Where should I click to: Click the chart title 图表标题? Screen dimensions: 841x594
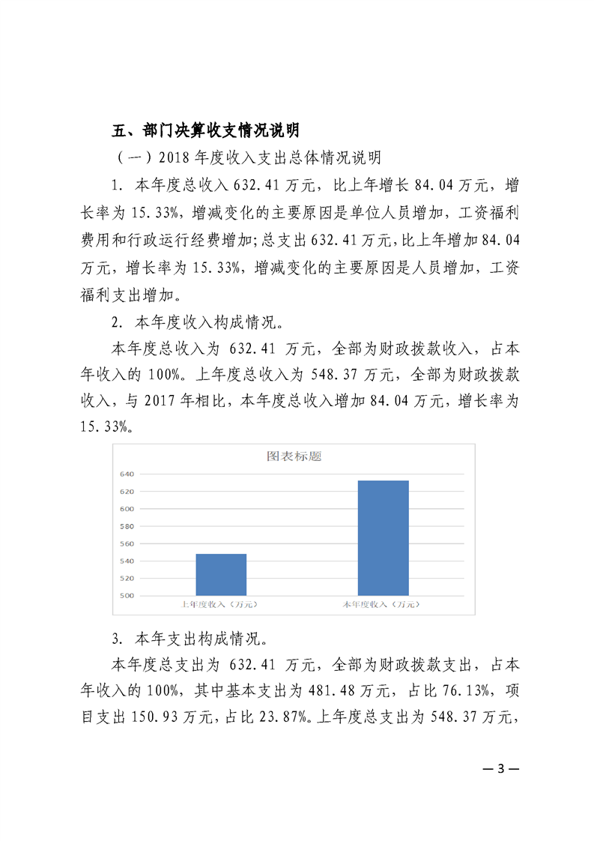click(294, 456)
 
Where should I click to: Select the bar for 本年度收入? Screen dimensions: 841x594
click(383, 537)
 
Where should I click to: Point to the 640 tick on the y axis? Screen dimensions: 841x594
click(126, 474)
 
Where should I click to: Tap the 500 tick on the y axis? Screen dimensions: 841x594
click(126, 596)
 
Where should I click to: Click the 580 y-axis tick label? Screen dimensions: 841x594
click(126, 526)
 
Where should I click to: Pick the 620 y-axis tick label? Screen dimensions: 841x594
click(126, 492)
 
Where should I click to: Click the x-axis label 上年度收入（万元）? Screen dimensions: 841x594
click(221, 604)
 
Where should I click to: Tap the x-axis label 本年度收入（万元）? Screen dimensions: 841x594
click(383, 604)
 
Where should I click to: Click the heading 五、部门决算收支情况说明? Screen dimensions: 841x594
click(205, 130)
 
